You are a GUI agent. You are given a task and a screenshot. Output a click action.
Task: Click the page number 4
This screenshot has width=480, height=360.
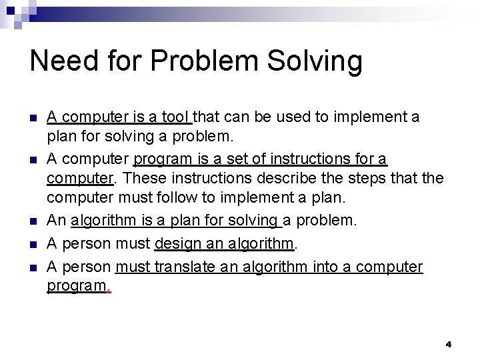pos(448,344)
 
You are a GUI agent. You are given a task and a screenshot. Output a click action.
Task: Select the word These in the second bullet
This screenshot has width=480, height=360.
pos(142,179)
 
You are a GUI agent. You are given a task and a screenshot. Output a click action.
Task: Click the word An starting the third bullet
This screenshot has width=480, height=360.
pos(56,220)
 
